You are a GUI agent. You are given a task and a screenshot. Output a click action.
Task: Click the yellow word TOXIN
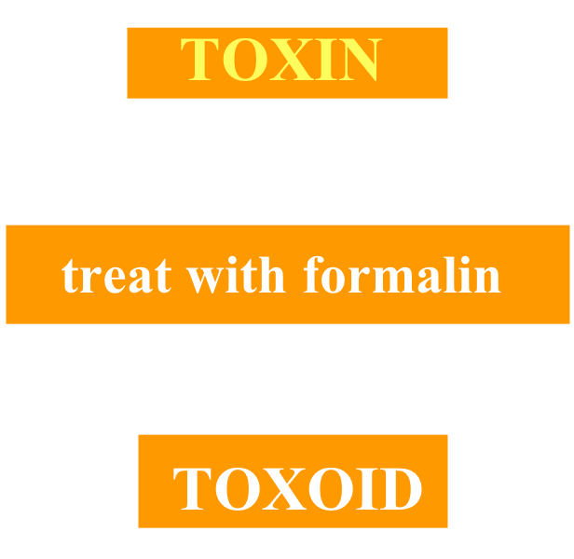point(280,61)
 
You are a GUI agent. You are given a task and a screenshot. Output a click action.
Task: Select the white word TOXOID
point(297,488)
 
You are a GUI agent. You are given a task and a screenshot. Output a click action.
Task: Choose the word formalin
point(402,276)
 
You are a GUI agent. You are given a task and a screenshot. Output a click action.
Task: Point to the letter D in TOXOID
point(399,488)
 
